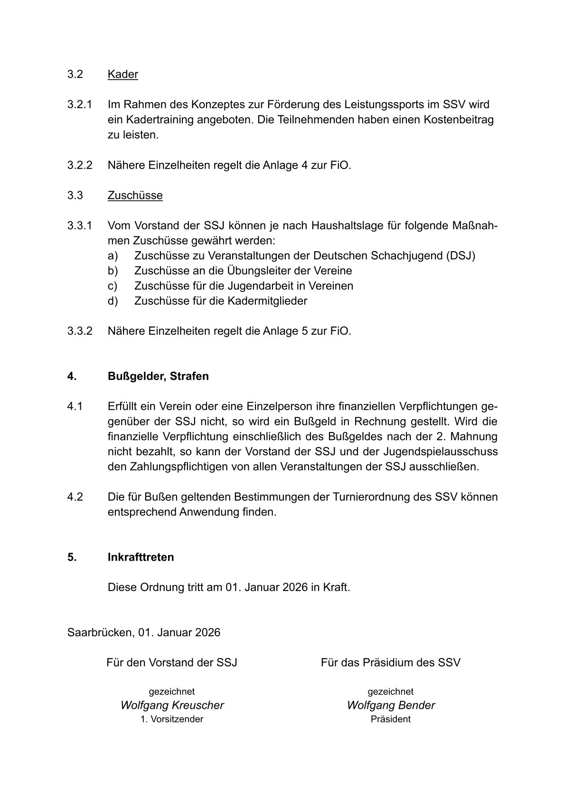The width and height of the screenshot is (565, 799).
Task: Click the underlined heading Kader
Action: [x=122, y=75]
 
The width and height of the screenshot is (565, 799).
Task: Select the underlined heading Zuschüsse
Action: [x=135, y=196]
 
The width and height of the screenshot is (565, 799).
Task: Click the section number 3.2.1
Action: [x=80, y=104]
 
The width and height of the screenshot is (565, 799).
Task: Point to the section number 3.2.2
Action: [x=80, y=165]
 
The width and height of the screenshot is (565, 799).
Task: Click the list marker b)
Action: [x=113, y=271]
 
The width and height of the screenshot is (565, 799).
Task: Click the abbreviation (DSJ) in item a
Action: [x=461, y=256]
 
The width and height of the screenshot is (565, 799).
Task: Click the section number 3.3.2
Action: [x=80, y=331]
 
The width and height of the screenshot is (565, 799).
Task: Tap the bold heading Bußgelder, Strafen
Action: [x=158, y=376]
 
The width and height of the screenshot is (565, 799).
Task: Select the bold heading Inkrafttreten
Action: [x=141, y=557]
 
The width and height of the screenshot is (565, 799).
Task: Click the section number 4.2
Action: [x=75, y=497]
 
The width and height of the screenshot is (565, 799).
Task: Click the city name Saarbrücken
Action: [x=100, y=633]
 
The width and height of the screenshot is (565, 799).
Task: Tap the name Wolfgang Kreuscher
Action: [x=172, y=705]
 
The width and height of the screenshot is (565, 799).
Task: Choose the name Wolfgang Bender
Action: [x=391, y=705]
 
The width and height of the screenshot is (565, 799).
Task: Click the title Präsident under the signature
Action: [x=391, y=719]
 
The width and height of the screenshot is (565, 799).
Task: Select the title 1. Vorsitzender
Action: [x=172, y=719]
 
